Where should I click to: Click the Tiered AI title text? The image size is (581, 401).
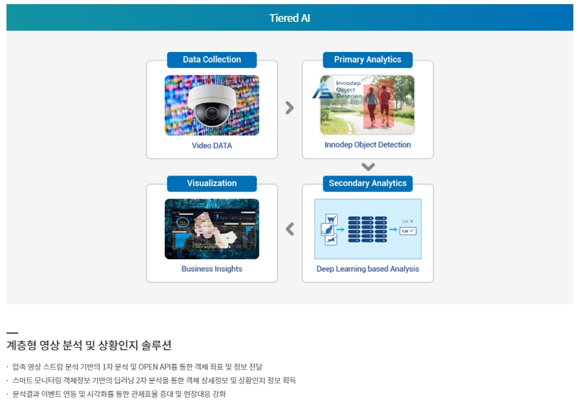coord(289,18)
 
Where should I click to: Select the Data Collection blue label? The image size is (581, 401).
coord(211,60)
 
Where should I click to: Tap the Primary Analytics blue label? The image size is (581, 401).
coord(367,60)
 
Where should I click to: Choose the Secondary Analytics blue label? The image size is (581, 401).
coord(367,184)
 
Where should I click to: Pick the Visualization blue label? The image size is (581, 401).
coord(211,184)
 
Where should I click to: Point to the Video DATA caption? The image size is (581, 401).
coord(211,145)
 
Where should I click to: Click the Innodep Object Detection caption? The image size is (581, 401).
coord(367,145)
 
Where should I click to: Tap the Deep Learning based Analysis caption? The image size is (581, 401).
coord(367,269)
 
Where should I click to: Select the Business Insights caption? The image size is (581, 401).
coord(211,269)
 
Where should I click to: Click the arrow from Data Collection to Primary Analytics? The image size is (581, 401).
coord(289,107)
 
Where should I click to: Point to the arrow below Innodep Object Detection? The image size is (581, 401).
coord(368,167)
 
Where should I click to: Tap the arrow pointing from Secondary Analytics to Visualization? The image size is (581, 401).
coord(289,229)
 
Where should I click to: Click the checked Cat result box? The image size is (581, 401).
coord(408,231)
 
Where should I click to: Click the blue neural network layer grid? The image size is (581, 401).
coord(367,229)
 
